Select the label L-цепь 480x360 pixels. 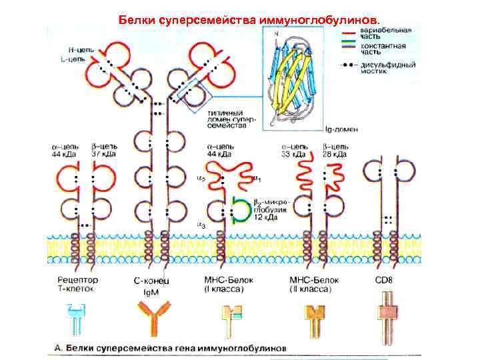click(x=81, y=60)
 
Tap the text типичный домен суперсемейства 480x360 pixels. click(x=227, y=119)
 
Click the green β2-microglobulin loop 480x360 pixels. click(x=241, y=208)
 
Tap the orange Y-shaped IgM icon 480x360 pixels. click(x=153, y=317)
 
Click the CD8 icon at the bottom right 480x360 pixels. click(x=385, y=317)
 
